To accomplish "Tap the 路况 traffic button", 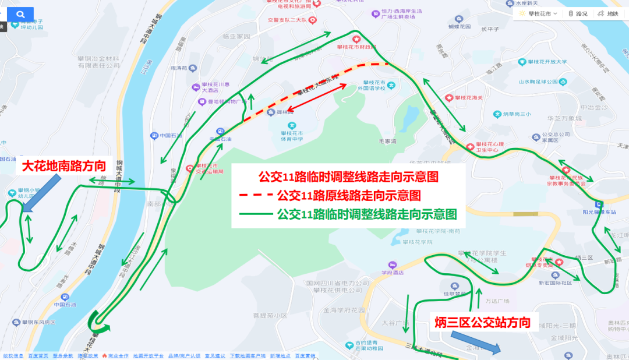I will point(578,13).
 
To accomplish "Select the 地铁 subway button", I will point(609,13).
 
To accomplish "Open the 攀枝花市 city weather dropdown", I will point(538,13).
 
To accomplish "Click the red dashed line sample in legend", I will point(256,195).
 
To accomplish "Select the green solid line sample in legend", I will point(256,214).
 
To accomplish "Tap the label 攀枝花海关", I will point(469,98).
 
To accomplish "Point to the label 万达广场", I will point(497,301).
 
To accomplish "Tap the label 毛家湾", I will point(387,141).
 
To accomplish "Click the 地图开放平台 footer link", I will point(148,355).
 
